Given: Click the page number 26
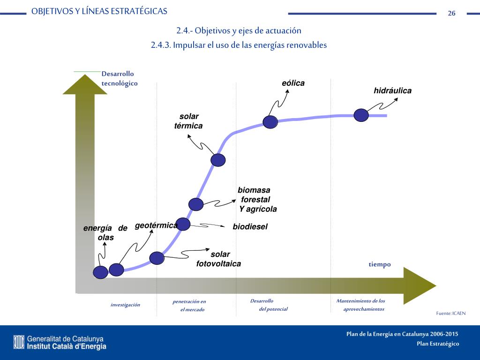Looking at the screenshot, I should point(451,13).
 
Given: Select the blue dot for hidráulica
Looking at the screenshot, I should point(361,115).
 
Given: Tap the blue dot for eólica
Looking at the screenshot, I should point(270,122).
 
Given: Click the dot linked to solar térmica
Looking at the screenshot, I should point(218,160).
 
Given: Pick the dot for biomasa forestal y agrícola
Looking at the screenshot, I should point(196,204).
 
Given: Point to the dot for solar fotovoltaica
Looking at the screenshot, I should point(157,258).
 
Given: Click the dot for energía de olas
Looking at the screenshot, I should point(100,272).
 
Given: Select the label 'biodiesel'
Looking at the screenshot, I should point(250,227).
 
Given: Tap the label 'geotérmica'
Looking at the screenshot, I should point(156,225).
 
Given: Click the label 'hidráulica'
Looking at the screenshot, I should point(392,91).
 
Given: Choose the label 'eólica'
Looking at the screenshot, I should point(293,83).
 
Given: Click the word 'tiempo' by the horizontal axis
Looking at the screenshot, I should point(379,264).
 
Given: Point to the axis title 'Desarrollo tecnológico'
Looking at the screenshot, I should point(120,79).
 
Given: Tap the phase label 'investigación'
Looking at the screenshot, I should point(125,305).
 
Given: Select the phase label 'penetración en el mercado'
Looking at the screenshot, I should point(190,306).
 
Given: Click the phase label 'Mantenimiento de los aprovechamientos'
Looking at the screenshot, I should point(361,305).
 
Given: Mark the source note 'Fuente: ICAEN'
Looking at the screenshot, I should point(450,313).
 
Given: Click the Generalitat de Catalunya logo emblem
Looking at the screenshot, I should point(19,342).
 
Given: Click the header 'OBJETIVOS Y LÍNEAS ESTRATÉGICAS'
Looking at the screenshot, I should point(99,12).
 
